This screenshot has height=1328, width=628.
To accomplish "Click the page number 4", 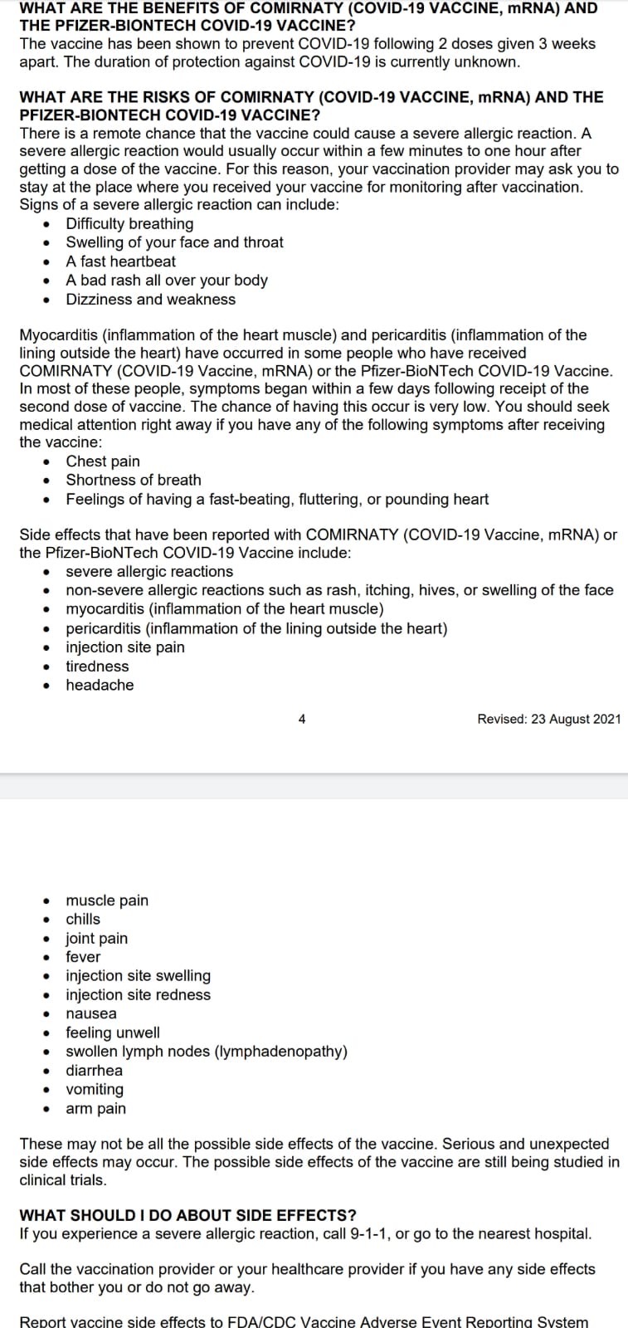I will coord(302,719).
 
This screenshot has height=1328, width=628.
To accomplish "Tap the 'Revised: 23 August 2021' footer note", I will coord(548,719).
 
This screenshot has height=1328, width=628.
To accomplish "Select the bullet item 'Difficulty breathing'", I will coord(129,223).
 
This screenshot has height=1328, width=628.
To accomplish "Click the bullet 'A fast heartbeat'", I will coord(120,261).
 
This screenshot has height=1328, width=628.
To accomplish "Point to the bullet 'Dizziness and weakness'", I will coord(150,300).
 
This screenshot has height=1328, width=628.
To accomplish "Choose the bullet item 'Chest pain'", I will coord(103,461).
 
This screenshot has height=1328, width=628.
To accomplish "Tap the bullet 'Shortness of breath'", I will coord(133,480).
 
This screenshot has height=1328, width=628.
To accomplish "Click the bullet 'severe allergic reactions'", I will coord(149,571).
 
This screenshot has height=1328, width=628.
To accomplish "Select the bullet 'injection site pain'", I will coord(125,647).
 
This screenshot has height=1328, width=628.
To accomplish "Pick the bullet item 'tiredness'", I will coord(97,666).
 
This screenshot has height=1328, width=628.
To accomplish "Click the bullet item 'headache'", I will coord(100,685).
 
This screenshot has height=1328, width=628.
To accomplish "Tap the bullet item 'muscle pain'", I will coord(107,901).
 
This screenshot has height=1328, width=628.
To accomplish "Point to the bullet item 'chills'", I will coord(83,919).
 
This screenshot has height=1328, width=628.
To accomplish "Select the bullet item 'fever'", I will coord(83,957).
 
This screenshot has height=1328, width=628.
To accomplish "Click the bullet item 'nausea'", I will coord(91,1013).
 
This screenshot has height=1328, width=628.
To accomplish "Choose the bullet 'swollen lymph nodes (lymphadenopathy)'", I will coord(207,1052).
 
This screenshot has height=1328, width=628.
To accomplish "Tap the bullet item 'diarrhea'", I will coord(94,1071).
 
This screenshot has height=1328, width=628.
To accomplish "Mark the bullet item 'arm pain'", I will coord(96,1108).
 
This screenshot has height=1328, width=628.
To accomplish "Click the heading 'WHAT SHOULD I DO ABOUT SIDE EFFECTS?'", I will coord(187,1215).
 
